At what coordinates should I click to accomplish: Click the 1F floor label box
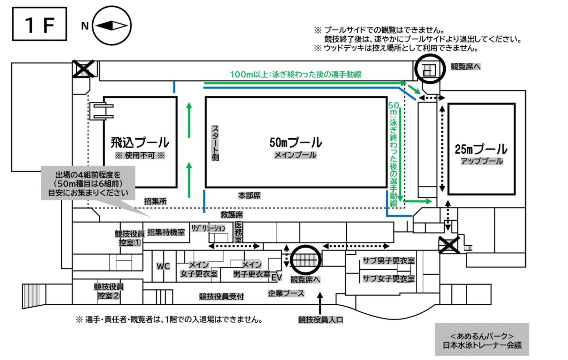(39, 24)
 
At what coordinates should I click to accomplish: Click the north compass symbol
(111, 25)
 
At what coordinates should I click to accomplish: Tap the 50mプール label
(296, 142)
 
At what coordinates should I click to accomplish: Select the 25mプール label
(481, 149)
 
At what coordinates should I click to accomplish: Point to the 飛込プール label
(140, 142)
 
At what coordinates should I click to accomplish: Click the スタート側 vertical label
(215, 143)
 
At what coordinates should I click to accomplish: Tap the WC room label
(163, 266)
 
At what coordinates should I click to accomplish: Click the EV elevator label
(276, 277)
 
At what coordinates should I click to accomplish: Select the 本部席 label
(249, 196)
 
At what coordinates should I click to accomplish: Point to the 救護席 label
(232, 215)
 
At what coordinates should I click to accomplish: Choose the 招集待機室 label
(166, 232)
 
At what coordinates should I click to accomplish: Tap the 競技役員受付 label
(221, 297)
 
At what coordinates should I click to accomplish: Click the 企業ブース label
(286, 293)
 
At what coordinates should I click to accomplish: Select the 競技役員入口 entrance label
(320, 320)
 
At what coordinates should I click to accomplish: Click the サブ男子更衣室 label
(389, 261)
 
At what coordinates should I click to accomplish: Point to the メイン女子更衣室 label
(199, 269)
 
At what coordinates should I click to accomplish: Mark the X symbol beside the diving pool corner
(83, 69)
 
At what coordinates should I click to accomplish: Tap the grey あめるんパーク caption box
(482, 339)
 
